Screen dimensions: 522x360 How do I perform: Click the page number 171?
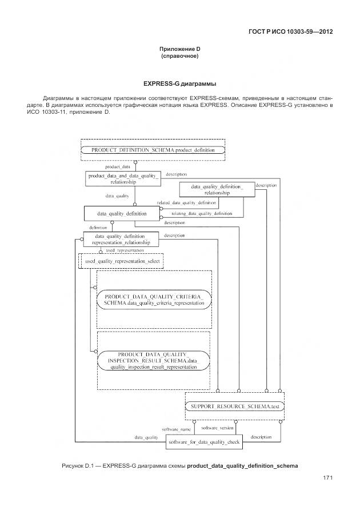[x=328, y=477]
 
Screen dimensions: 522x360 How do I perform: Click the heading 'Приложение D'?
[x=180, y=50]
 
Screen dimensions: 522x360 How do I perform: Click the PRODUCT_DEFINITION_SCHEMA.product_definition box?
[x=153, y=150]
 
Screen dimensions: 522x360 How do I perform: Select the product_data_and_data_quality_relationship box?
[x=123, y=178]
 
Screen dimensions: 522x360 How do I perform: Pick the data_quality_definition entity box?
[x=121, y=213]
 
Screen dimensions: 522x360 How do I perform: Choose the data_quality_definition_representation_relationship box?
[x=121, y=239]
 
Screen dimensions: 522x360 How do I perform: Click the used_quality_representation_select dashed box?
[x=121, y=261]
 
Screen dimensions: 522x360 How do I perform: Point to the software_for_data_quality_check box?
[x=204, y=442]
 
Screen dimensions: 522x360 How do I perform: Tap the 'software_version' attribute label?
[x=218, y=427]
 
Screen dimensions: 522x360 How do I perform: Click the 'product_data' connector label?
[x=118, y=166]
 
